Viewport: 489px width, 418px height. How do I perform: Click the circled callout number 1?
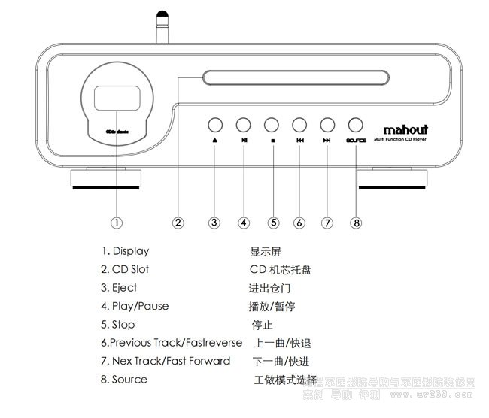(x=117, y=222)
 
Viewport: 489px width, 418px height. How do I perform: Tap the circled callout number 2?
(x=178, y=222)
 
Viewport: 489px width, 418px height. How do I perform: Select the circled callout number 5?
(x=274, y=222)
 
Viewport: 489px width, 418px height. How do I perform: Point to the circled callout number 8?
(x=356, y=222)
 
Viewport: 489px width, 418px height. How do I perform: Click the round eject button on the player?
(x=215, y=125)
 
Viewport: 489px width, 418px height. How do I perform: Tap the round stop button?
(x=271, y=125)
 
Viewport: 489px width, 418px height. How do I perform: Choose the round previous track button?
(x=299, y=125)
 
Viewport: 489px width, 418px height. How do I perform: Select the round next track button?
(x=327, y=125)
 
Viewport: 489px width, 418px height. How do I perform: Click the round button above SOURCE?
(x=355, y=125)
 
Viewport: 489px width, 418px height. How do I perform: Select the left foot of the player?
(x=105, y=178)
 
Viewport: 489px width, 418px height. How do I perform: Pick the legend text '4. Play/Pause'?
(x=135, y=306)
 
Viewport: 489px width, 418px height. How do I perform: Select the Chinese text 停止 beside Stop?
(x=262, y=325)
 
